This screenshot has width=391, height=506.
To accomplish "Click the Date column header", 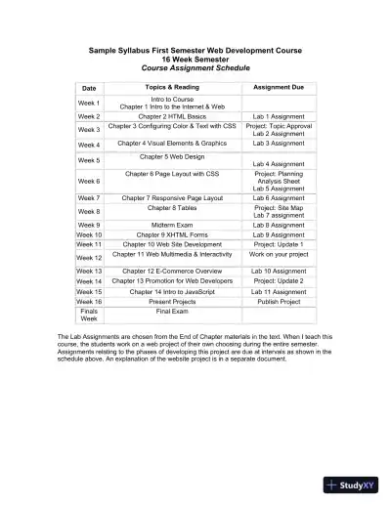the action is point(89,87).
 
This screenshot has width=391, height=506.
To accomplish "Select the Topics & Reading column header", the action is point(172,87).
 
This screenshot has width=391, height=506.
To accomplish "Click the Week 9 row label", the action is point(89,224).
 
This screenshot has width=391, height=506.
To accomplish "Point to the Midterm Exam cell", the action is point(172,224).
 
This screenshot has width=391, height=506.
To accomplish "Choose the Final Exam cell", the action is point(172,311).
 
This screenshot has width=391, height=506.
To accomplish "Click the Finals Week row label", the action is point(89,315).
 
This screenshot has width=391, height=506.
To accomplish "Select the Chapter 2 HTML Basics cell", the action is point(172,115).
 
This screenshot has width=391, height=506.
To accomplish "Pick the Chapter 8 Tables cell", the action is point(172,207).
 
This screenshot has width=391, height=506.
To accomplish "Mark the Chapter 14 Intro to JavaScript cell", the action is point(172,291).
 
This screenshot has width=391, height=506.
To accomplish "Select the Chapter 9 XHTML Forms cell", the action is point(172,234).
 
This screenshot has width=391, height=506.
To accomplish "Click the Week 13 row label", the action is point(89,270).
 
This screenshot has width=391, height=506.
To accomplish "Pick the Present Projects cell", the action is point(172,301).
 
